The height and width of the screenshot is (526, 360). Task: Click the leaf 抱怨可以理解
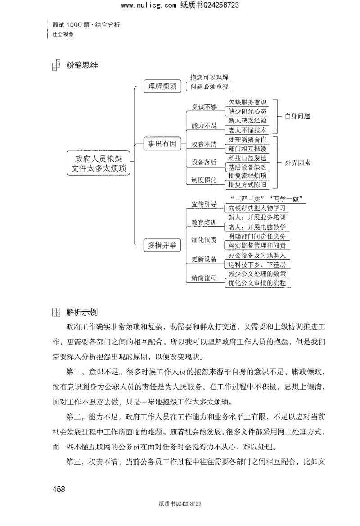click(209, 77)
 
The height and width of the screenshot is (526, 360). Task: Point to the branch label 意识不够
click(204, 107)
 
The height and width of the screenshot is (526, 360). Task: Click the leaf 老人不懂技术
click(247, 130)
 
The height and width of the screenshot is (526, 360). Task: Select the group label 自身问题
click(297, 116)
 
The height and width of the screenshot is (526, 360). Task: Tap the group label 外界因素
click(298, 162)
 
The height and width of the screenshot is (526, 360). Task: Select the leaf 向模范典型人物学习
click(256, 208)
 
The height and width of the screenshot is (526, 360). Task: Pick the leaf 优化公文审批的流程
click(256, 283)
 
